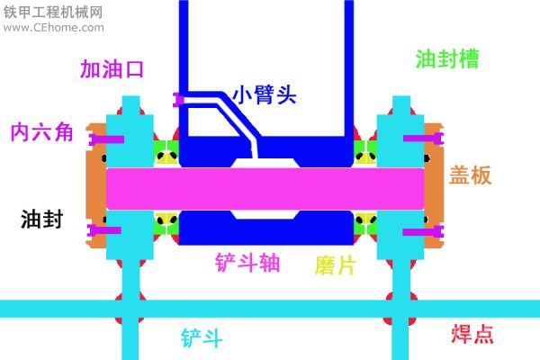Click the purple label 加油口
coord(112,69)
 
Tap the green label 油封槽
coord(447,58)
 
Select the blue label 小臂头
coord(265,94)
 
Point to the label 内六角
coord(41,131)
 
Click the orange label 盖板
coord(470,175)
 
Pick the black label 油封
coord(42,219)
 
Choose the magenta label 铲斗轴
coord(247,263)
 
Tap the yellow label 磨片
coord(335,265)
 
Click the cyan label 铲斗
coord(202,338)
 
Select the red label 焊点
coord(472,334)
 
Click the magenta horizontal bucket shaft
coord(265,189)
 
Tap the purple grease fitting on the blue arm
coord(178,100)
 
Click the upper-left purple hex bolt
coord(106,139)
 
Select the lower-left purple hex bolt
coord(103,230)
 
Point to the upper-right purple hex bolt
coord(423,139)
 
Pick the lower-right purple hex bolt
coord(423,231)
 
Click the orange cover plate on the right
coord(434,185)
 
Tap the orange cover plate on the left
coord(96,185)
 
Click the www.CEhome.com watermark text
coord(54,28)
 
